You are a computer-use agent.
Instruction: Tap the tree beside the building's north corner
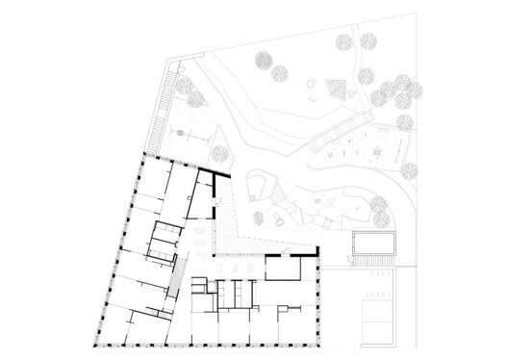point(219,151)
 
